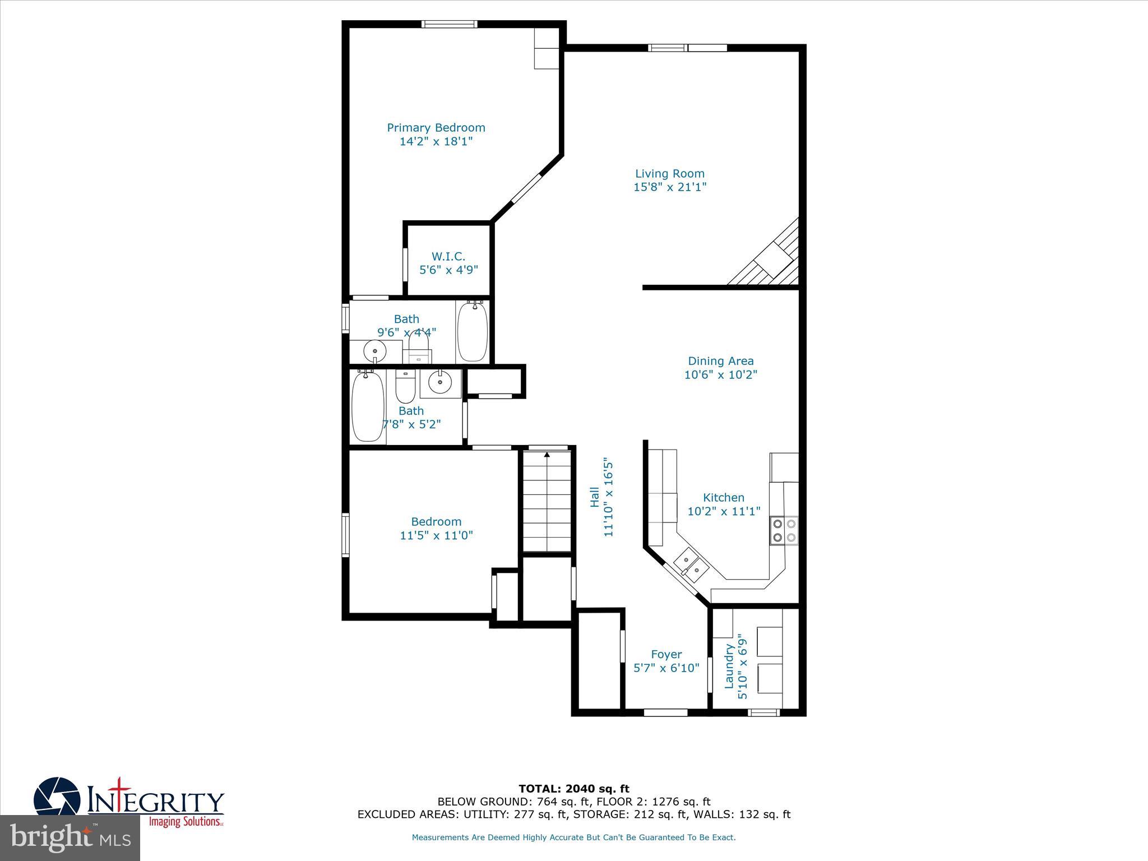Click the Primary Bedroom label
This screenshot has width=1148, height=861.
[436, 128]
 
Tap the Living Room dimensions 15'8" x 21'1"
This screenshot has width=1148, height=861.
[669, 187]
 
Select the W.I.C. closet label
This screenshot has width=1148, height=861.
[448, 257]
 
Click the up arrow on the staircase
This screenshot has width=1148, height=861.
[547, 455]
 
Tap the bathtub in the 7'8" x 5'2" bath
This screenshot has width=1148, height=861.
[368, 407]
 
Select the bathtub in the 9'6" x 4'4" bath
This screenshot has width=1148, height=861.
[473, 332]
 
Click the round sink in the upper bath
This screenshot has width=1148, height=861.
[374, 351]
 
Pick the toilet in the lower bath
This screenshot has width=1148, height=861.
[404, 384]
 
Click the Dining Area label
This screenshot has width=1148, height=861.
[720, 362]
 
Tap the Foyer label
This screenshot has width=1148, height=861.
[666, 654]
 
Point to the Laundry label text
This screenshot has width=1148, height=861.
[729, 666]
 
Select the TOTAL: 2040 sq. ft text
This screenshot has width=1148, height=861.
[573, 789]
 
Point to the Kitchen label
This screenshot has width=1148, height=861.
[723, 498]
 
